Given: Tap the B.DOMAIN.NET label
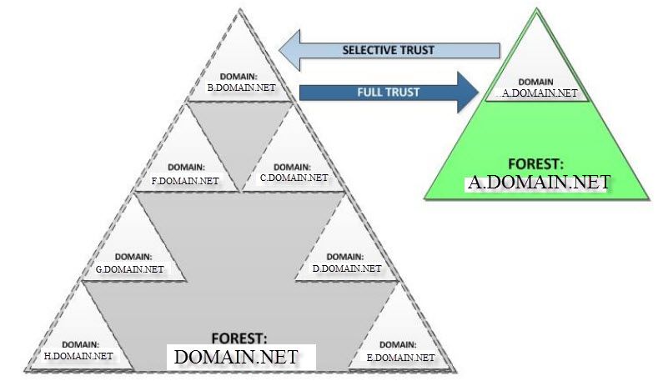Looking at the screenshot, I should pos(241,87).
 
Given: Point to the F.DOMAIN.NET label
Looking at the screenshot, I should pos(185,179).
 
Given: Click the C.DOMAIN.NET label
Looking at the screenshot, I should pos(294,177).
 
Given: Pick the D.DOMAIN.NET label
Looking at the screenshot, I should pos(346,268).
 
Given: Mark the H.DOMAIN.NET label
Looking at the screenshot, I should pos(78,356).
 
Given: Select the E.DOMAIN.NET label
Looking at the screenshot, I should pos(400,357).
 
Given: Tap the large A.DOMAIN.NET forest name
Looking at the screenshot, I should pos(538,182).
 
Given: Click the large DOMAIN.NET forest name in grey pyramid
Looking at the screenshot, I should pos(235,358).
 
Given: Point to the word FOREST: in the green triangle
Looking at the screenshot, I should pos(538,163).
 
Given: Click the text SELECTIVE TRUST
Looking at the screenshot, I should pos(389,50).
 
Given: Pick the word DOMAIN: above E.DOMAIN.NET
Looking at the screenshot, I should pos(400,344).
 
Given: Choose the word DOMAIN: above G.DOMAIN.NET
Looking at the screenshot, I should pos(133,257).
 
